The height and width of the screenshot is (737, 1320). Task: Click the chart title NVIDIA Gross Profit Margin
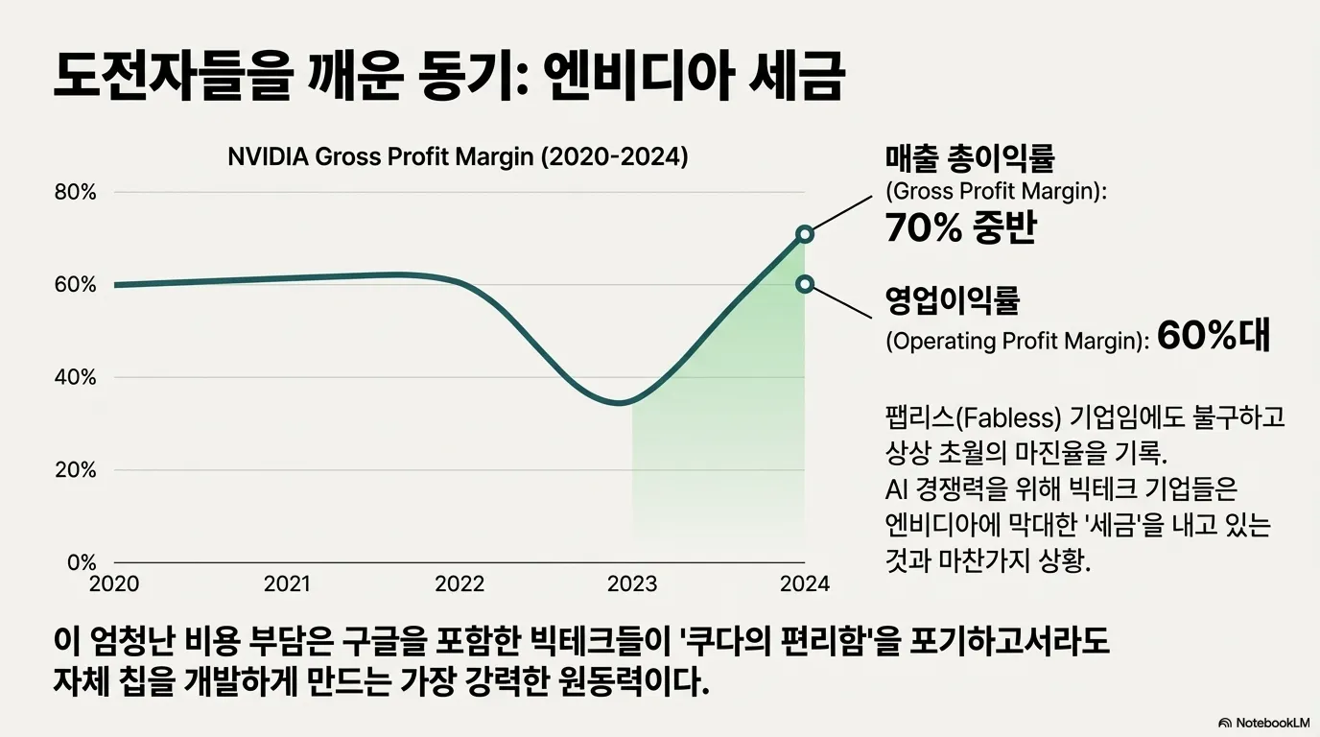coord(458,156)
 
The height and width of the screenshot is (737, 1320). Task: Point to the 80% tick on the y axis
coord(77,192)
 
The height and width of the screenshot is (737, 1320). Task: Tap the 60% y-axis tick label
coord(77,285)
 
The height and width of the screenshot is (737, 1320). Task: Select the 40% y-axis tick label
coord(77,377)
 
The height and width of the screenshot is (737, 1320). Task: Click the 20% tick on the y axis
coord(77,470)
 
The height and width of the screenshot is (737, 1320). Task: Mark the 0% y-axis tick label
coord(82,563)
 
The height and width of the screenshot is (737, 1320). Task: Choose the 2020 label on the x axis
coord(114,583)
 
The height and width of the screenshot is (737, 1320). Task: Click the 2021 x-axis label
coord(287,583)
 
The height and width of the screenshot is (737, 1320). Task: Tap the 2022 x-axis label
coord(460,583)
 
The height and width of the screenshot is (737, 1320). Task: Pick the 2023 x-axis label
coord(632,583)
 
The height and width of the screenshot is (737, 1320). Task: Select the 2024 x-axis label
coord(805,583)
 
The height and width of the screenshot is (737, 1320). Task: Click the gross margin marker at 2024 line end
coord(805,234)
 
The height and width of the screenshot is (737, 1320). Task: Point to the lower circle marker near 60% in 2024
coord(805,283)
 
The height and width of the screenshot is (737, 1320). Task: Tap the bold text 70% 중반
coord(960,228)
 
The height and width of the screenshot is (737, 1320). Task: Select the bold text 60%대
coord(1214,336)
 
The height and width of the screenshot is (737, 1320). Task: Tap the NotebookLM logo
coord(1263,722)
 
